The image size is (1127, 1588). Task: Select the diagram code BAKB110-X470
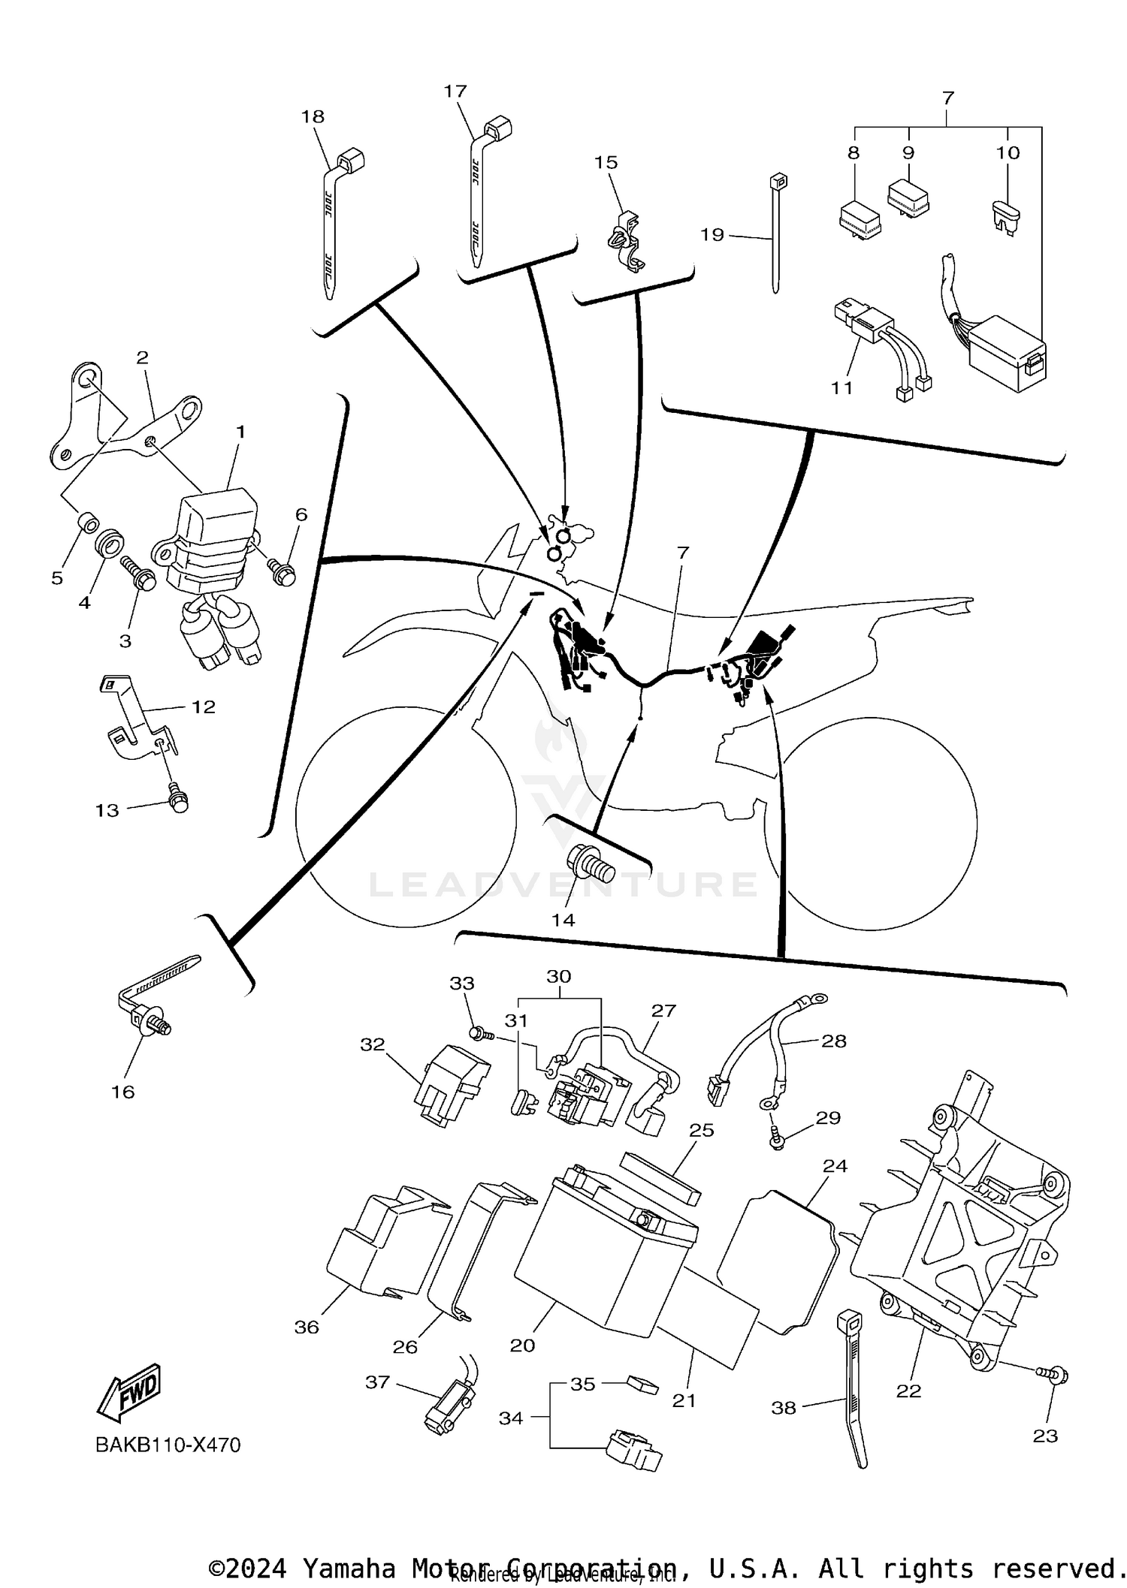[x=168, y=1445]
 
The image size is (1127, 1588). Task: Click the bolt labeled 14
[x=591, y=867]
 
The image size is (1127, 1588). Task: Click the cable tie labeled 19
[x=776, y=233]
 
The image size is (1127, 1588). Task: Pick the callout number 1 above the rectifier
[x=240, y=432]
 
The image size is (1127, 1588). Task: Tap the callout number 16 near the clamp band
[x=122, y=1092]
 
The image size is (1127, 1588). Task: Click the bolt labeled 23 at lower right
[x=1053, y=1376]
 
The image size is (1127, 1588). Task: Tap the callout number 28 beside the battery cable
[x=834, y=1041]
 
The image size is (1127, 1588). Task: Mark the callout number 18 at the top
[x=313, y=117]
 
